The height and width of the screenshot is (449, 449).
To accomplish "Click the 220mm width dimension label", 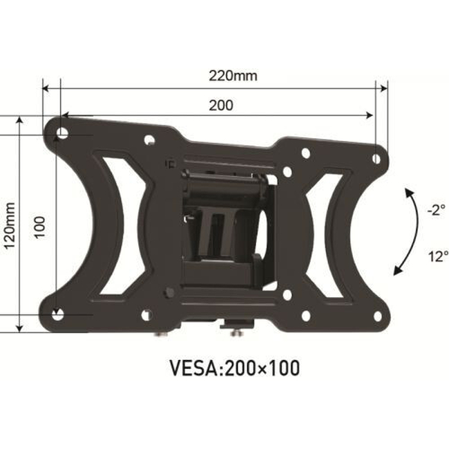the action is [233, 76].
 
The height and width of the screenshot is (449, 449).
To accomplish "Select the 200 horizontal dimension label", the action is [221, 105].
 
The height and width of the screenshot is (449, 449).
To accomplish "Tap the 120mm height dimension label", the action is [10, 226].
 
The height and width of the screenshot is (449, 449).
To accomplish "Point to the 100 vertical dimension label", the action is [40, 227].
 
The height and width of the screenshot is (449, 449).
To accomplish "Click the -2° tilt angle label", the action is [437, 210].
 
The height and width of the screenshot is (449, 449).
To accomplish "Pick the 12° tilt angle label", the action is [438, 256].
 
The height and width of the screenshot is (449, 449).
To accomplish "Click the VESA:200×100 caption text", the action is [235, 368].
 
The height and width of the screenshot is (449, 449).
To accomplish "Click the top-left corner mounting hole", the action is [62, 133].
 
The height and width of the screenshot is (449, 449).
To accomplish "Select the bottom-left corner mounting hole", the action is [57, 314].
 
